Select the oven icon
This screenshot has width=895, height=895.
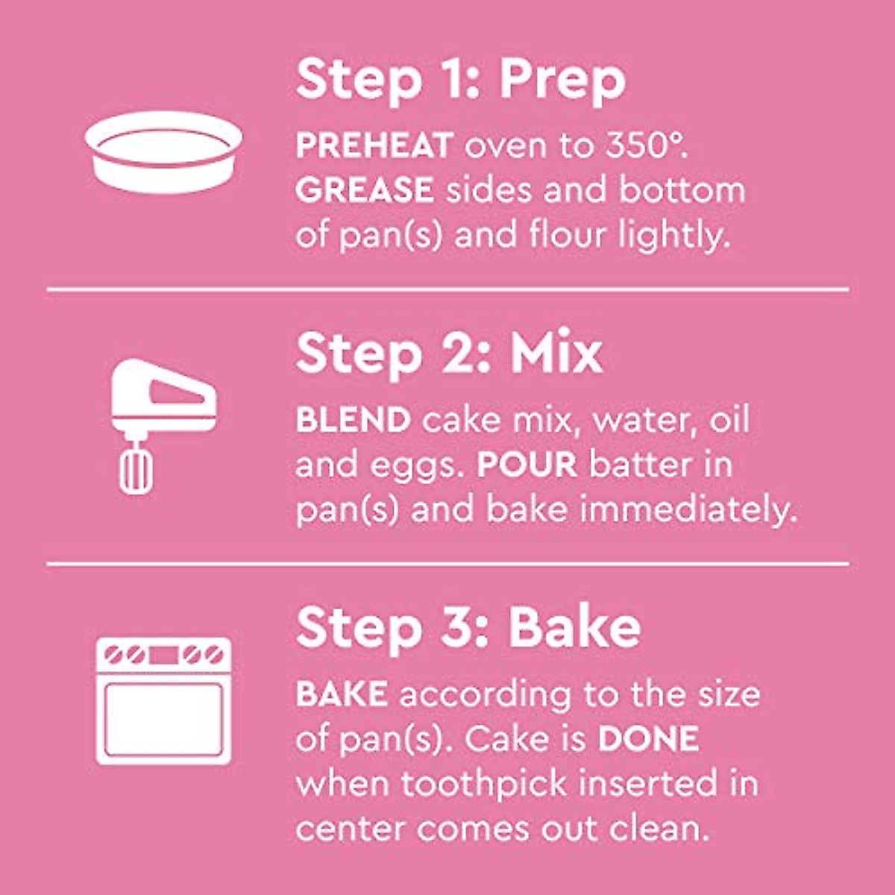(163, 700)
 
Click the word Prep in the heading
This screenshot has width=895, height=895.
(562, 81)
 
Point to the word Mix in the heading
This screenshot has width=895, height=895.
(556, 354)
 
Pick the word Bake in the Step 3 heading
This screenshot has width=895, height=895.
(574, 628)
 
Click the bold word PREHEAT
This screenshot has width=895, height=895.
(374, 145)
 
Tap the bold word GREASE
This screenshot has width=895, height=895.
(365, 190)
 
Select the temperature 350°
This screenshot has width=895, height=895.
(646, 145)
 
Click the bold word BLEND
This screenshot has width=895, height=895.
(354, 420)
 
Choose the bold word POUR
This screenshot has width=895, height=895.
(527, 465)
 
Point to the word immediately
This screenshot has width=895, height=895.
(688, 510)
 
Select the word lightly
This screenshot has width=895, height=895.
(673, 236)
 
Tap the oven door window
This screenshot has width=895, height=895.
(163, 719)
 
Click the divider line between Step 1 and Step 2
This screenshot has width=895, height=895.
(447, 289)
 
